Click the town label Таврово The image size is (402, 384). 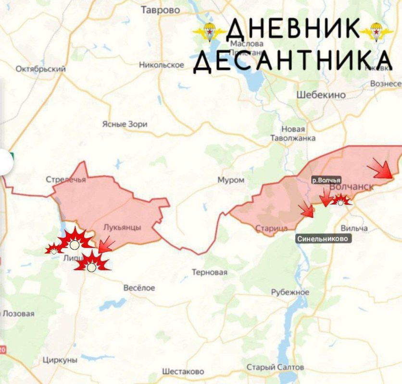pyautogui.click(x=160, y=10)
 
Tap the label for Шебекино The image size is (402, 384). pyautogui.click(x=321, y=95)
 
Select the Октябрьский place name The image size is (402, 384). pyautogui.click(x=40, y=69)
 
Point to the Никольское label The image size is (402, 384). pyautogui.click(x=162, y=65)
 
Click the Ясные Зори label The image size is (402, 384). pyautogui.click(x=125, y=124)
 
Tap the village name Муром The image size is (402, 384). pyautogui.click(x=231, y=180)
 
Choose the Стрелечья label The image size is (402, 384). pyautogui.click(x=66, y=180)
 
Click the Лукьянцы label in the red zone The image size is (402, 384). pyautogui.click(x=122, y=228)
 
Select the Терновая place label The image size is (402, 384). pyautogui.click(x=209, y=272)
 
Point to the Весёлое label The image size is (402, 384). pyautogui.click(x=139, y=288)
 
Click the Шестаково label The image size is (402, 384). pyautogui.click(x=183, y=372)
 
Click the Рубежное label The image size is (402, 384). pyautogui.click(x=290, y=292)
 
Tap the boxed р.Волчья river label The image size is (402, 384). pyautogui.click(x=326, y=180)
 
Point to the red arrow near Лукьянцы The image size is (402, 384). pyautogui.click(x=106, y=245)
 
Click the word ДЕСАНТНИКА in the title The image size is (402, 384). pyautogui.click(x=292, y=61)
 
